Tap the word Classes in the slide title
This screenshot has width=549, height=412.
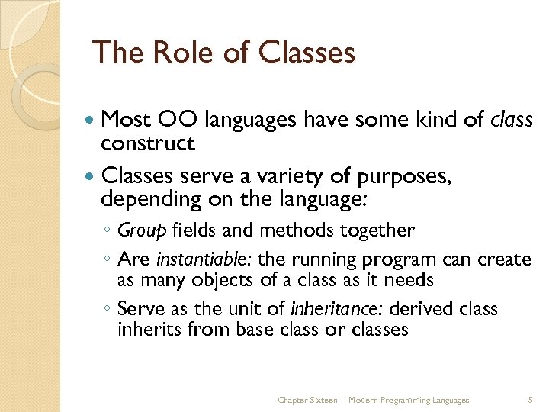point(307,52)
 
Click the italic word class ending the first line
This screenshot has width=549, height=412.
point(512,119)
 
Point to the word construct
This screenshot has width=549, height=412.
point(148,143)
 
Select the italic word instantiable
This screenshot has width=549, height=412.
point(198,259)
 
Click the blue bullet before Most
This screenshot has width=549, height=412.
point(91,121)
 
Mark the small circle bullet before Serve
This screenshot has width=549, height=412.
point(108,310)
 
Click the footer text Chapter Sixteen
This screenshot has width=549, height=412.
point(307,400)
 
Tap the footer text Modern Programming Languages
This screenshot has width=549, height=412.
point(408,400)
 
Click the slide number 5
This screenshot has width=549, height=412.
point(530,400)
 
